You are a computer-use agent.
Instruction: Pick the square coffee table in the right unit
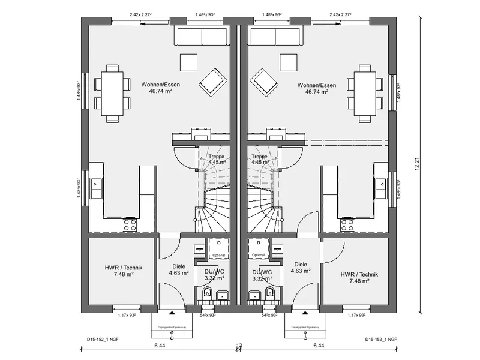pos(287,62)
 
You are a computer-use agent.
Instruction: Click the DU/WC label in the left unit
pos(214,275)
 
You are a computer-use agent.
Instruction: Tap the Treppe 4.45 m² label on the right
pos(260,158)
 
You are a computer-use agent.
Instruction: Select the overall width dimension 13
pos(239,346)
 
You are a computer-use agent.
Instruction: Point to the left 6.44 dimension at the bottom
pos(160,346)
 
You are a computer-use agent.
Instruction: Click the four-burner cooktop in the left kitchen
pos(130,225)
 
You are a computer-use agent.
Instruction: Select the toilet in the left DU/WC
pos(207,294)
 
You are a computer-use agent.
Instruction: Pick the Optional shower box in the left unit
pos(217,248)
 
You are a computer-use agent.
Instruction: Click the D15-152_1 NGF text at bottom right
pos(381,340)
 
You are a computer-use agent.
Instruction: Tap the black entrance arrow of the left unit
pos(172,313)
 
